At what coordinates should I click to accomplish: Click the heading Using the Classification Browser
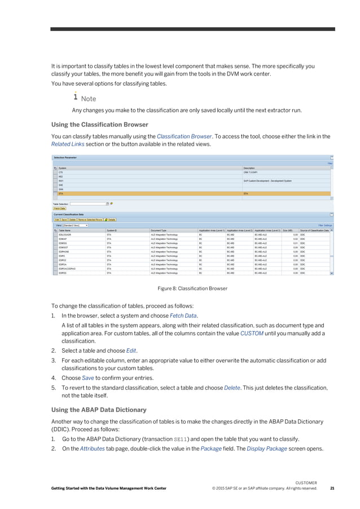100,124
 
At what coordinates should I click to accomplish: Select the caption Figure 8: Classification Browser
192,288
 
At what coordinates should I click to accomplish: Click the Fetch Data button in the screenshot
60,209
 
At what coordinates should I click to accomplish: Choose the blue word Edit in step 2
131,350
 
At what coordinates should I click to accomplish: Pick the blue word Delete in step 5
232,387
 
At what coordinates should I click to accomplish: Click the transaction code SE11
178,438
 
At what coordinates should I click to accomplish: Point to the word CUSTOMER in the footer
306,482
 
